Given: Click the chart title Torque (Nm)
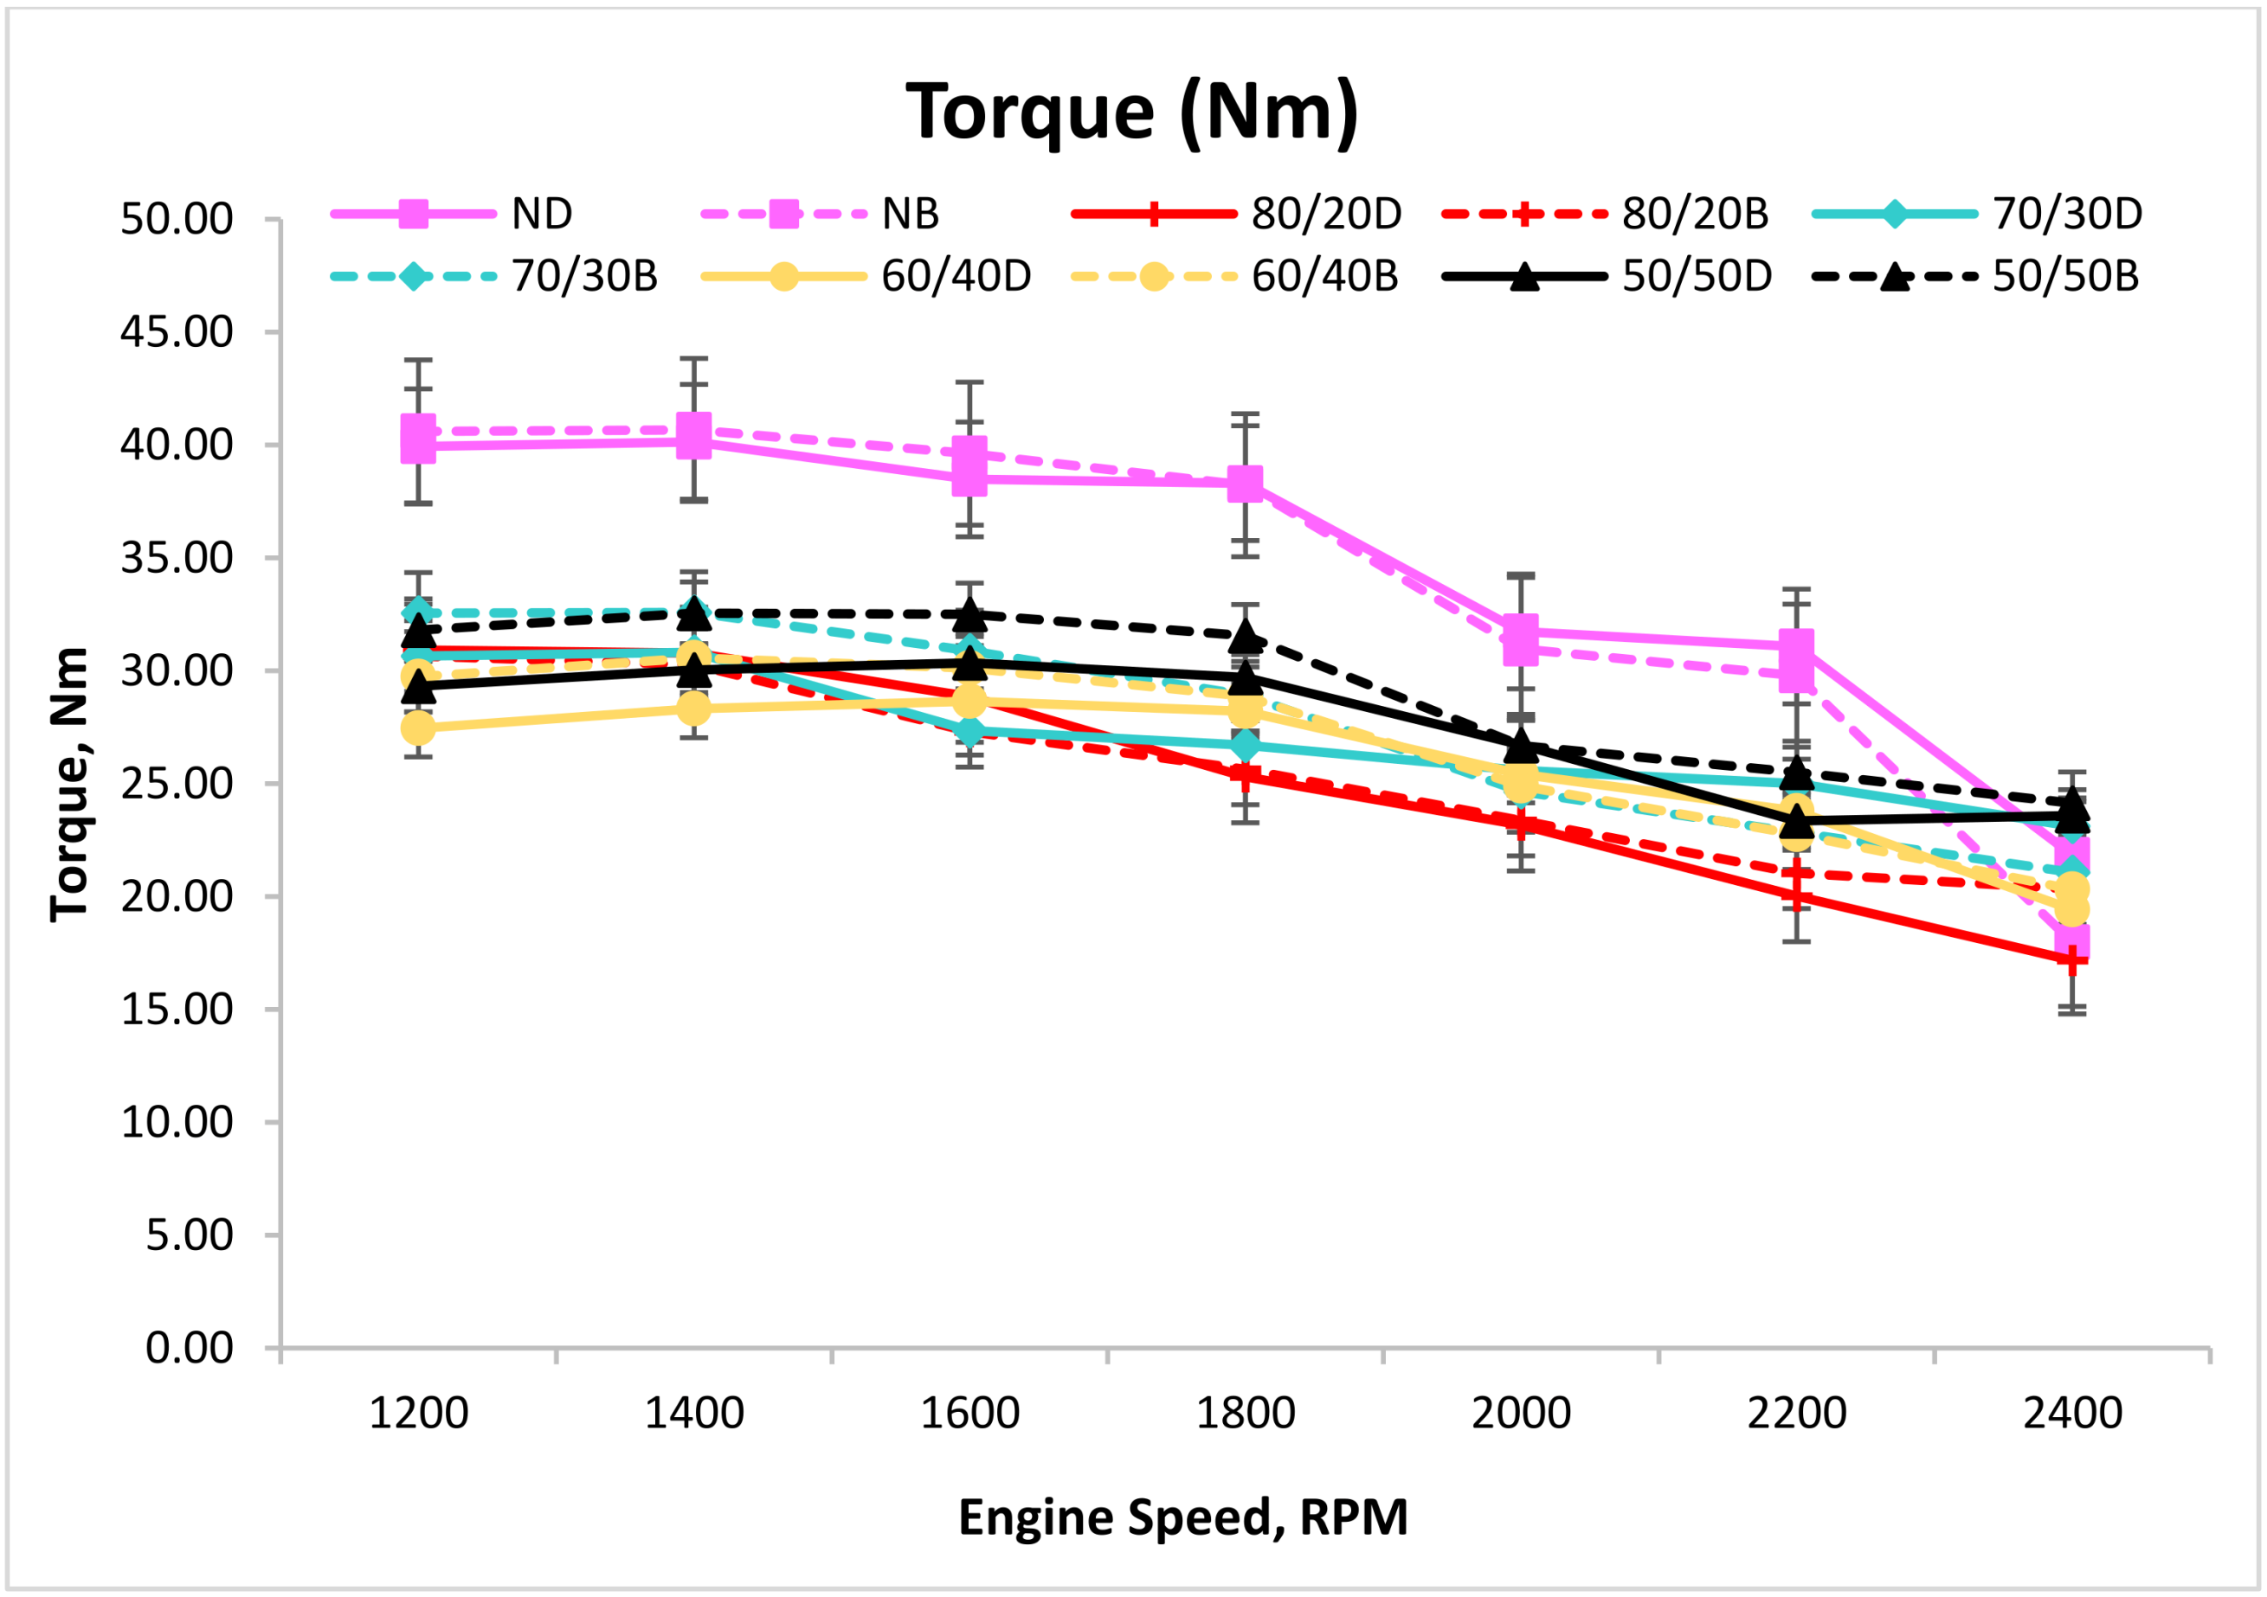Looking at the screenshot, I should tap(1131, 112).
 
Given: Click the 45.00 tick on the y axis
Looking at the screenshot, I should tap(177, 331).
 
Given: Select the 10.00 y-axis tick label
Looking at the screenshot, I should tap(177, 1122).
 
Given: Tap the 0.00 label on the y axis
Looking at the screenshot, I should tap(189, 1348).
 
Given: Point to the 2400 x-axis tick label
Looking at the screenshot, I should tap(2071, 1414).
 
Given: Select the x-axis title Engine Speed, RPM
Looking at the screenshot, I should tap(1183, 1517).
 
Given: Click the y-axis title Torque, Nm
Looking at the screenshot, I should tap(69, 785).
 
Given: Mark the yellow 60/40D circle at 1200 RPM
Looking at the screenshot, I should tap(419, 728).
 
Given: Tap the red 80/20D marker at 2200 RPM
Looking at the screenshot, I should tap(1797, 897).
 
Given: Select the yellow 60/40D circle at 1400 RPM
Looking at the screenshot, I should tap(694, 708).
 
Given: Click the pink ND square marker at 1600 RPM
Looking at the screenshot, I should tap(969, 478).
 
